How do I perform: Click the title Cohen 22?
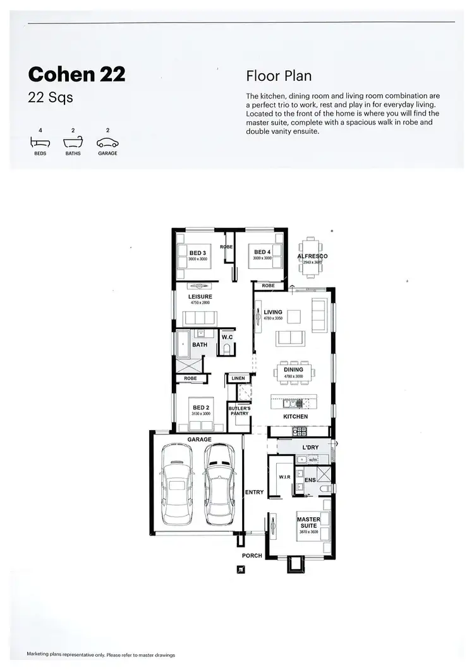point(76,75)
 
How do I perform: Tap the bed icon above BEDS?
point(40,143)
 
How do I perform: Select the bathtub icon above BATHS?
point(73,143)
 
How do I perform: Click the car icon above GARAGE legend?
point(107,143)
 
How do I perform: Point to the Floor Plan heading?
point(279,76)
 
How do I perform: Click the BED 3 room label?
point(198,253)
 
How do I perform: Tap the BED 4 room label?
point(262,253)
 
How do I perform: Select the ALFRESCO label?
point(312,256)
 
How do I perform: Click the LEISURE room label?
point(200,297)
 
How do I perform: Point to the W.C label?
point(228,337)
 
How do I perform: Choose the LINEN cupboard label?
point(238,378)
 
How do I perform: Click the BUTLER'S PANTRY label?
point(239,411)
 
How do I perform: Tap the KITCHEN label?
point(295,417)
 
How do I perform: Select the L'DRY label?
point(310,448)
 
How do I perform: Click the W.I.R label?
point(284,477)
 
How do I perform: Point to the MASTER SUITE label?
point(308,523)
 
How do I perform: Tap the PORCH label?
point(252,556)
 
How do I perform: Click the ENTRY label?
point(254,492)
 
